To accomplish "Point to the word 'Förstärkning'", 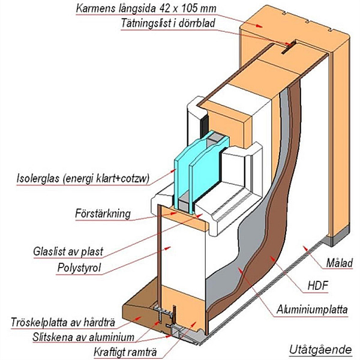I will click(103, 213).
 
